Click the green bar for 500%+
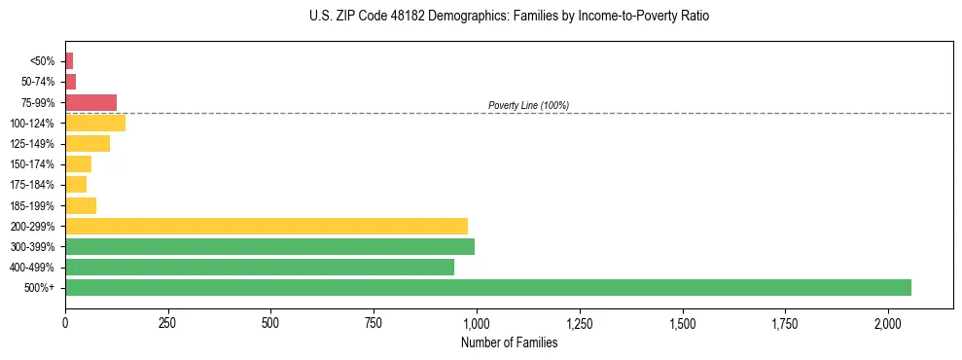(x=488, y=287)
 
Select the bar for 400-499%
(x=260, y=267)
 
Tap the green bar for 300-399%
(x=269, y=246)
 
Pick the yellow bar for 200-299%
(x=267, y=226)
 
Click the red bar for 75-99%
(x=91, y=102)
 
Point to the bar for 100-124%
(x=95, y=123)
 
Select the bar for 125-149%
(x=88, y=143)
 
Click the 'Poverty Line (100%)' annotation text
(x=528, y=105)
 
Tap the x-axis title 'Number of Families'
(x=509, y=342)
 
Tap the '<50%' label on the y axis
(x=43, y=61)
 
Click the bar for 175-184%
(x=76, y=185)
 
